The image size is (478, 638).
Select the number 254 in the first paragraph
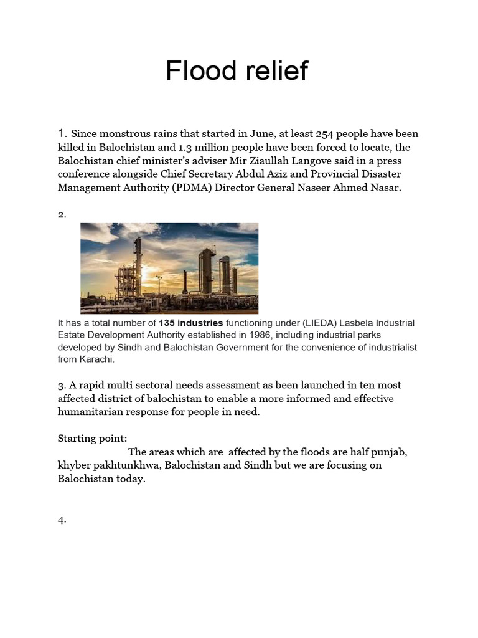click(x=326, y=134)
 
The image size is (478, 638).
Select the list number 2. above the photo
click(x=62, y=215)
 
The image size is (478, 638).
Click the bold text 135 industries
click(x=190, y=323)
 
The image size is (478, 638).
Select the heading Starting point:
click(x=92, y=439)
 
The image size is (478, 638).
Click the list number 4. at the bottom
click(x=62, y=520)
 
